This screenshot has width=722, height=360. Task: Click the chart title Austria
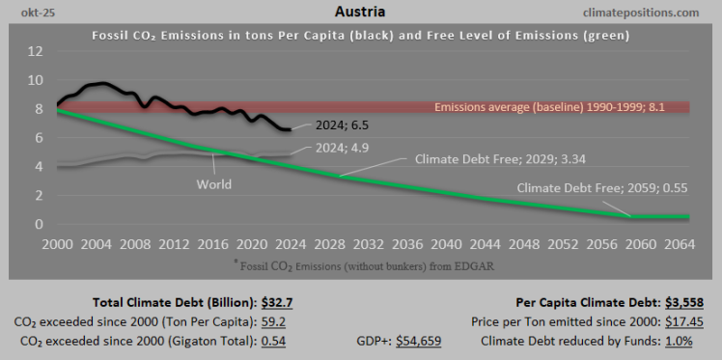tap(361, 13)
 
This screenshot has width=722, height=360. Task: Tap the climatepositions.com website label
tap(653, 13)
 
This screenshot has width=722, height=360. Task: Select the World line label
tap(213, 183)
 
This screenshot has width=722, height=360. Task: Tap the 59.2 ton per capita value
tap(275, 319)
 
